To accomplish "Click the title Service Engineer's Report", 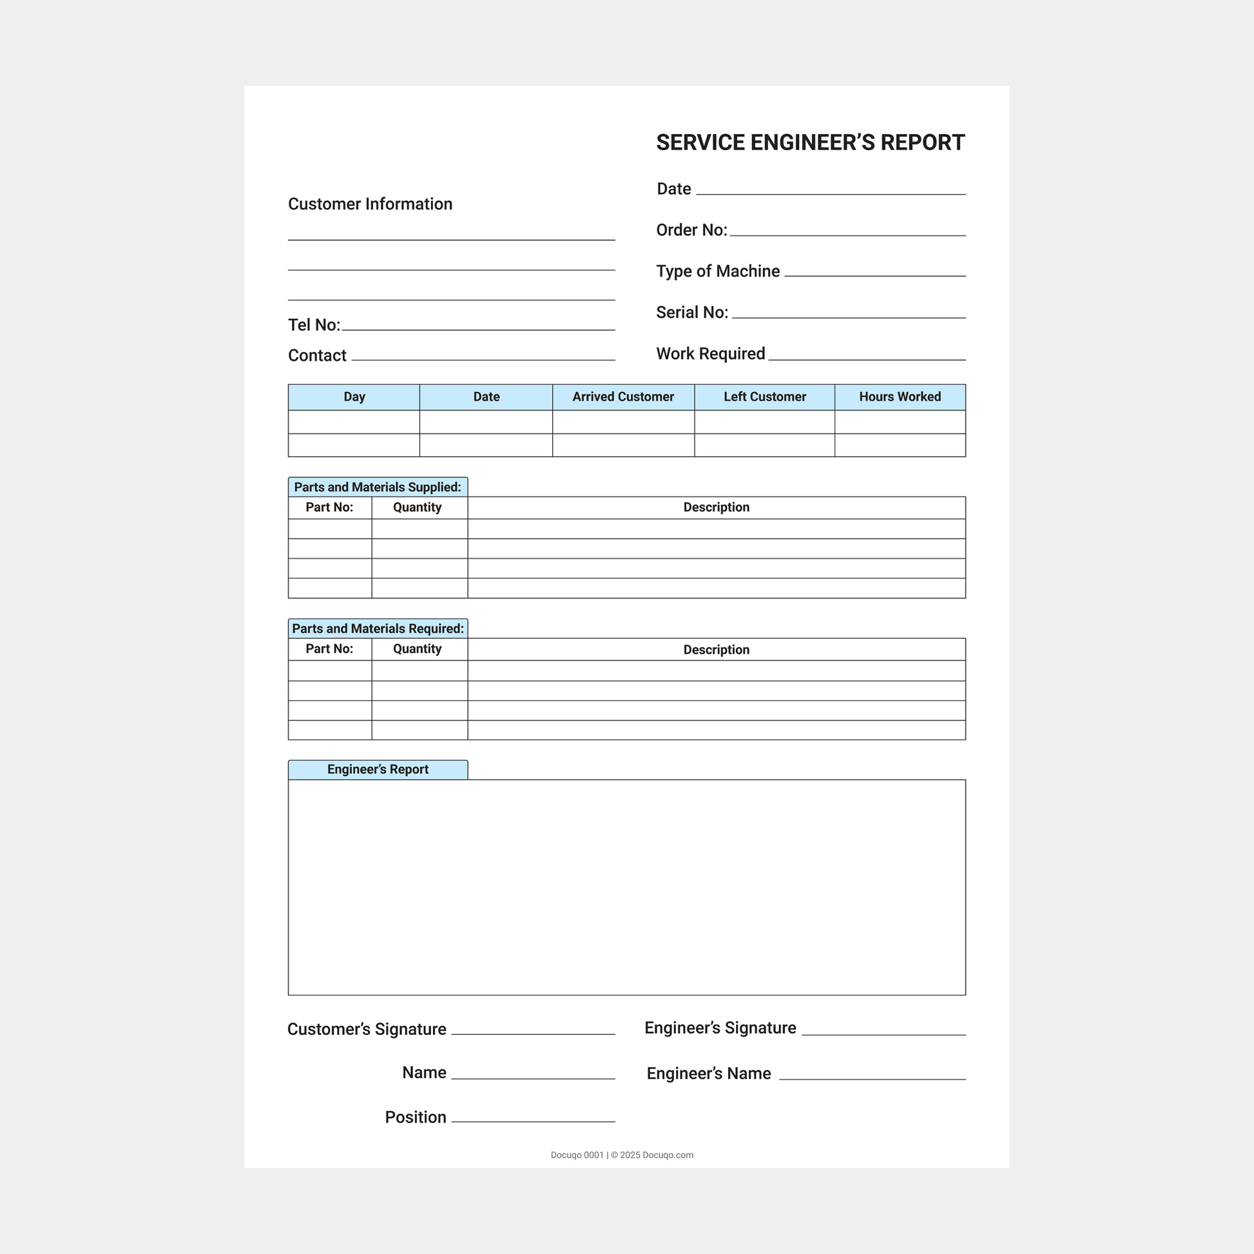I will [810, 143].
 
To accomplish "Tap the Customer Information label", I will [370, 204].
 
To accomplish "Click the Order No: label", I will [691, 231].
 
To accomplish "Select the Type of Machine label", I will [718, 271].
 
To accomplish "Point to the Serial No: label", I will [692, 313].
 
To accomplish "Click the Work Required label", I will [711, 354].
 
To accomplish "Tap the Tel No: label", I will [314, 325].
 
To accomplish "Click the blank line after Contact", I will [483, 358].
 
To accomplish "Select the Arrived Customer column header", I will [623, 396].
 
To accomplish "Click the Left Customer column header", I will [765, 396].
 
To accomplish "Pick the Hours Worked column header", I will [900, 396].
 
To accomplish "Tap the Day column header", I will [354, 396].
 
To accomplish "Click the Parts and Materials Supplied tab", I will [378, 487].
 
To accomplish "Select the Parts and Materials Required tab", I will [378, 628].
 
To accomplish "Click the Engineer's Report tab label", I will [378, 769].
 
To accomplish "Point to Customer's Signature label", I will [367, 1029].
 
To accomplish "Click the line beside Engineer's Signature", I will [883, 1034].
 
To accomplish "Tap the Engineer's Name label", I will [709, 1074].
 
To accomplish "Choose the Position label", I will [416, 1117].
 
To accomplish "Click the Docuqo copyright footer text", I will [622, 1155].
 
